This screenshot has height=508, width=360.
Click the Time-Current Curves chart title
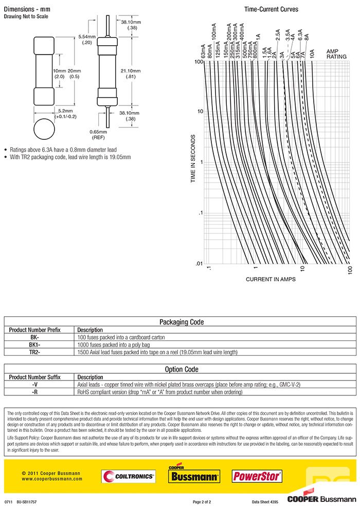[x=271, y=9]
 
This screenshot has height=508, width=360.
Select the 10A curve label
[x=312, y=54]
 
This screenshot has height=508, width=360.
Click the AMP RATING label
[x=337, y=54]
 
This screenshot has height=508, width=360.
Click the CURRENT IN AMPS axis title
[x=271, y=279]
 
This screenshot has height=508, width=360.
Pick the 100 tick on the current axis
[x=350, y=269]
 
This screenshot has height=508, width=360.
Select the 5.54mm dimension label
[x=87, y=40]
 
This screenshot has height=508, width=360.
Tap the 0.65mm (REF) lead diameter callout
[x=99, y=134]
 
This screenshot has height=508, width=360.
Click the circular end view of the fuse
[x=44, y=129]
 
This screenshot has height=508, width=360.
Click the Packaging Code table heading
[x=181, y=322]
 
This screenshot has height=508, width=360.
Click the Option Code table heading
[x=181, y=369]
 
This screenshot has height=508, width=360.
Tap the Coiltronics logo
[x=128, y=477]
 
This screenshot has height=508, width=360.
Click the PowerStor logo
[x=257, y=476]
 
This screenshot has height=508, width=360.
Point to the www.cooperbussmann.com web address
[x=52, y=479]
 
